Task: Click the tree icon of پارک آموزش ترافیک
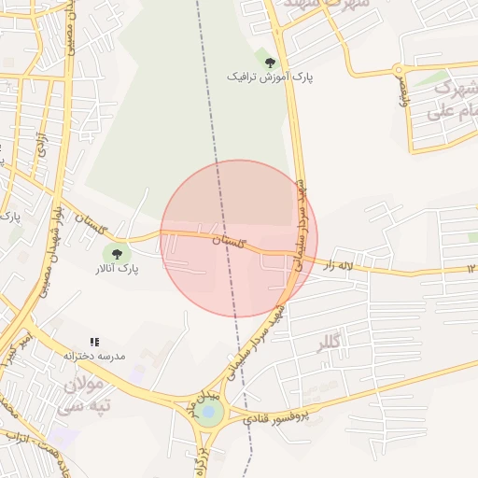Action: [x=270, y=63]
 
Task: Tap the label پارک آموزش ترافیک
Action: [x=270, y=77]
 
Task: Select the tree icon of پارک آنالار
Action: [x=117, y=253]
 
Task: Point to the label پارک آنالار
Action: [x=116, y=269]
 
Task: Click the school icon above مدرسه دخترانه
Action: [x=94, y=343]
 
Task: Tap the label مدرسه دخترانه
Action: [x=93, y=357]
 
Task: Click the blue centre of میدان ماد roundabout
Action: [x=209, y=412]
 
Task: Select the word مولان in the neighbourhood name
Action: [x=85, y=384]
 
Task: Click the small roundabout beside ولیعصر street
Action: [x=399, y=69]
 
